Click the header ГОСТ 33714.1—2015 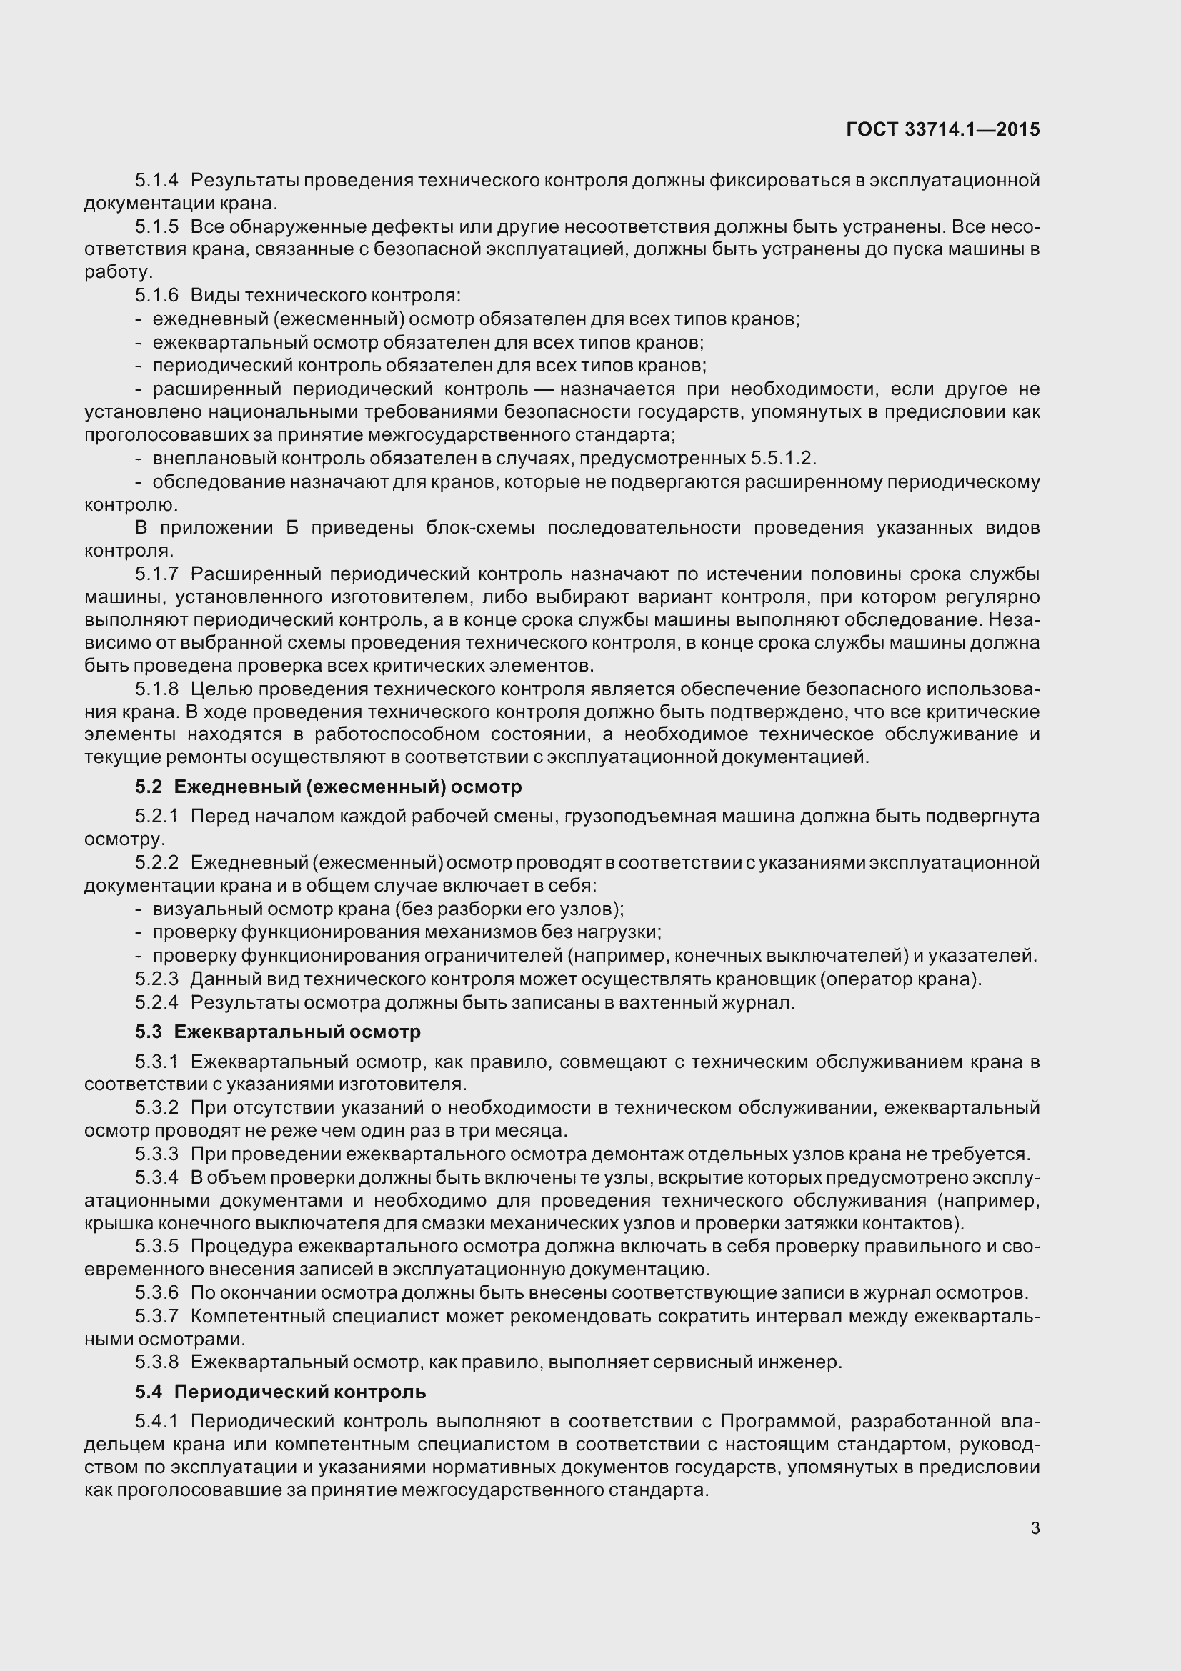pyautogui.click(x=943, y=129)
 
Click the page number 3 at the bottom pyautogui.click(x=1035, y=1528)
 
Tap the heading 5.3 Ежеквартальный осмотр pyautogui.click(x=277, y=1032)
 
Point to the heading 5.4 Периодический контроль pyautogui.click(x=280, y=1392)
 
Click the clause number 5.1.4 pyautogui.click(x=156, y=180)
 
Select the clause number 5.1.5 pyautogui.click(x=156, y=227)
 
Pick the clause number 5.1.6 pyautogui.click(x=156, y=296)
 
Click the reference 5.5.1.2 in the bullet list pyautogui.click(x=783, y=459)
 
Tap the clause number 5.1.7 pyautogui.click(x=156, y=574)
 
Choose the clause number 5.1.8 pyautogui.click(x=156, y=689)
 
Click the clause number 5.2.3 pyautogui.click(x=156, y=979)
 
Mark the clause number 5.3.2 pyautogui.click(x=156, y=1108)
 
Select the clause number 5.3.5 pyautogui.click(x=156, y=1247)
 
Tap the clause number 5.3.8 pyautogui.click(x=156, y=1362)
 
